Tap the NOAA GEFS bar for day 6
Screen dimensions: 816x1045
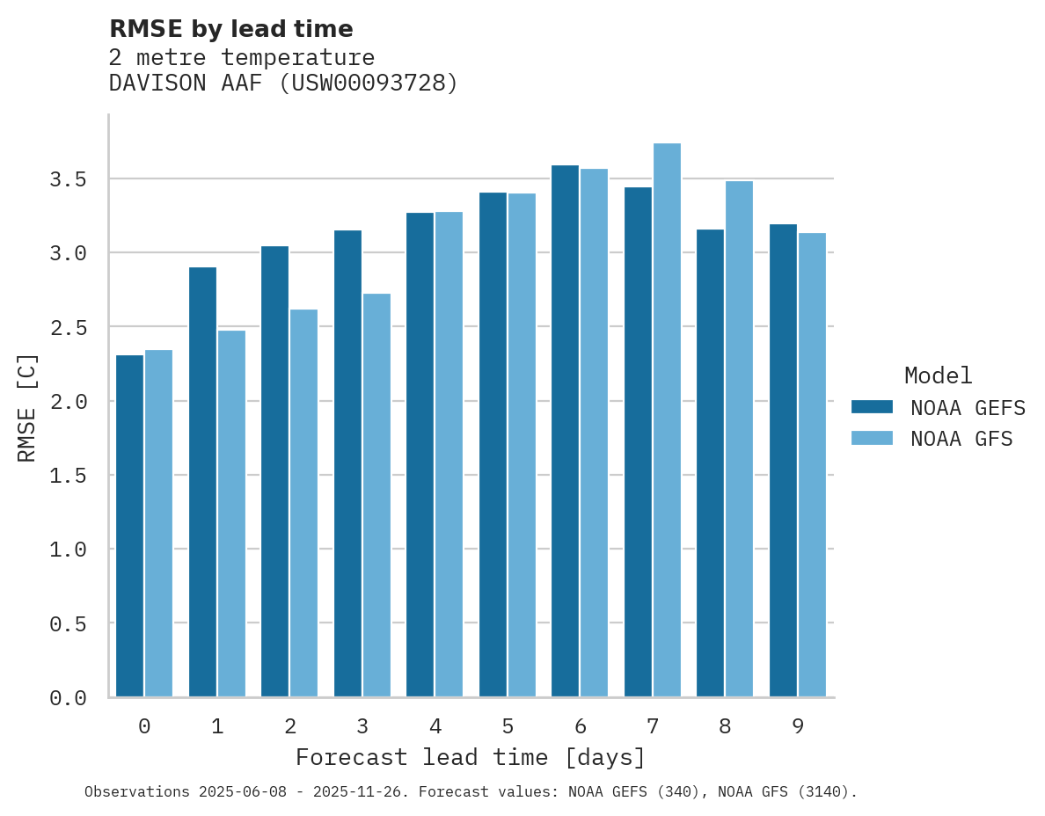[565, 431]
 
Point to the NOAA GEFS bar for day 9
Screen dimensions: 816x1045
[783, 461]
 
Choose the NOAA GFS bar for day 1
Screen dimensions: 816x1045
[231, 514]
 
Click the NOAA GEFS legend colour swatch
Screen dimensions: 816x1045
[872, 407]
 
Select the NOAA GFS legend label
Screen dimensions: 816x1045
[961, 439]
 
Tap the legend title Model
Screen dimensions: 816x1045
[939, 375]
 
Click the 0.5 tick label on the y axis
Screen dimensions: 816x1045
[68, 623]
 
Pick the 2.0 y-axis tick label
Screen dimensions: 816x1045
[68, 402]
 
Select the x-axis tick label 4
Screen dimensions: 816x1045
[435, 726]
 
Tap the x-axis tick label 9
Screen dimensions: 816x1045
[798, 726]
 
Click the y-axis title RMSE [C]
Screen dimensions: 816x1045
[27, 407]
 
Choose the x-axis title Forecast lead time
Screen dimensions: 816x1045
[471, 757]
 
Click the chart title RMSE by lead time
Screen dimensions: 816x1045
[230, 29]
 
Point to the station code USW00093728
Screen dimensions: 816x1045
[369, 84]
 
